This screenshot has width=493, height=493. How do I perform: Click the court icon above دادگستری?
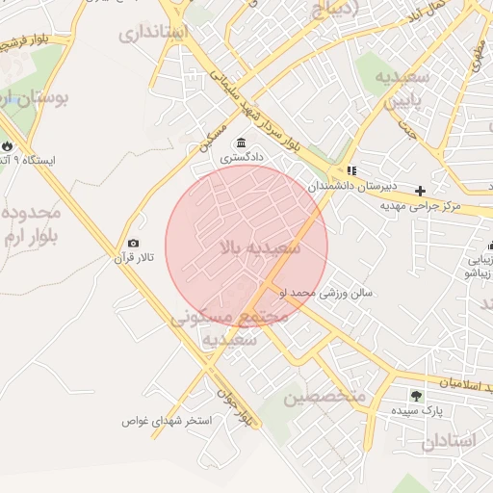[241, 143]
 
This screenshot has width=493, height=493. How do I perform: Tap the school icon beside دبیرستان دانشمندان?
[351, 170]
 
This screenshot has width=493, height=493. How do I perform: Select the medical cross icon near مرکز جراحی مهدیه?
[420, 191]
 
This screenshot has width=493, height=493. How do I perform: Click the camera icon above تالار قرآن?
[133, 244]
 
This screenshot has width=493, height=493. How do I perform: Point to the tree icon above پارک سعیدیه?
[416, 395]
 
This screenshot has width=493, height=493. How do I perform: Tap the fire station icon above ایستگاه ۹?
[8, 146]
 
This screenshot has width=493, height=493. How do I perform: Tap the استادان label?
[449, 442]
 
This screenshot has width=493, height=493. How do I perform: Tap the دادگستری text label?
[242, 157]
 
